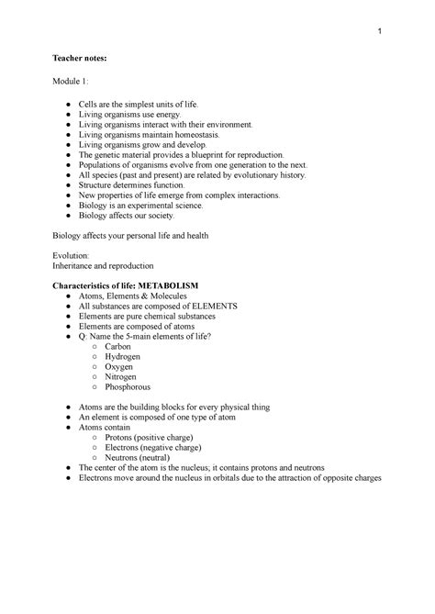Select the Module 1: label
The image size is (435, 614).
click(x=69, y=84)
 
